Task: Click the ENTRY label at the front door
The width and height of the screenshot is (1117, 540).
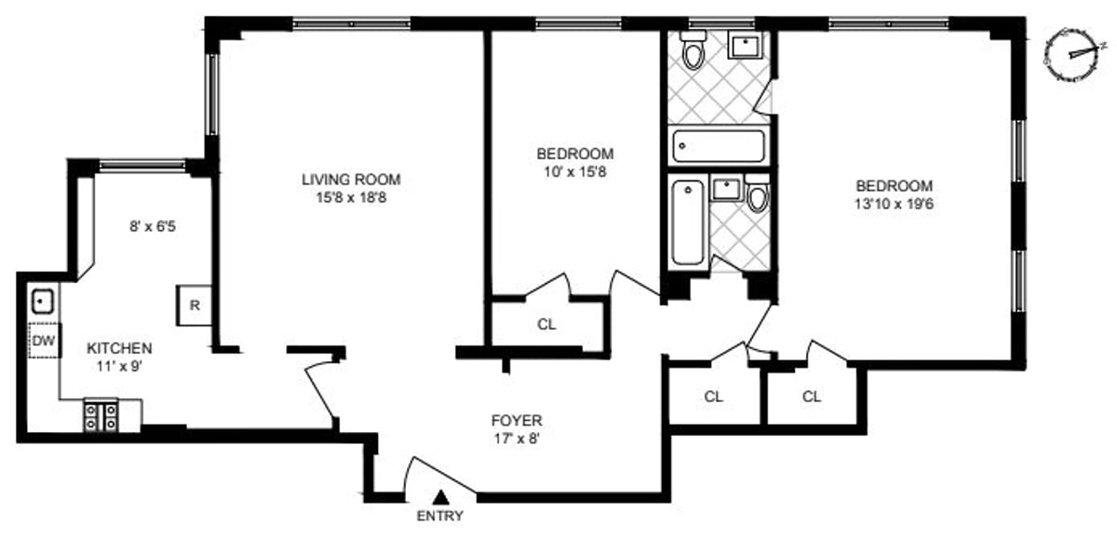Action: (439, 516)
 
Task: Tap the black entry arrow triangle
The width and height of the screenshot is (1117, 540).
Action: (439, 497)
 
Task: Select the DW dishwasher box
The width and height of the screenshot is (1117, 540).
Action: (44, 341)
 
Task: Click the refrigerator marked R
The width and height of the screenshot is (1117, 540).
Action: (195, 305)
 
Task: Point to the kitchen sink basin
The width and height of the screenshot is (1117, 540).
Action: (43, 301)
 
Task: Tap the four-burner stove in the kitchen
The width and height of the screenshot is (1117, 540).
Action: (101, 416)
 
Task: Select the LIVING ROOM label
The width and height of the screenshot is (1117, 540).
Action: (351, 180)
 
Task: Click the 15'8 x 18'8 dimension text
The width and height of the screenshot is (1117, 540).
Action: (351, 198)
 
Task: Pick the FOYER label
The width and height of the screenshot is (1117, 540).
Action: (517, 420)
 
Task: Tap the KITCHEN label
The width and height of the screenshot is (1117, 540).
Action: (120, 348)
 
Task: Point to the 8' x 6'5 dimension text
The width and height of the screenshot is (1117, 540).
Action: (153, 227)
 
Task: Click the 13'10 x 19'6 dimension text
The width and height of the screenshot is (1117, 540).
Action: (895, 205)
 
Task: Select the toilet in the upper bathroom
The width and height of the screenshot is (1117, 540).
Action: (693, 48)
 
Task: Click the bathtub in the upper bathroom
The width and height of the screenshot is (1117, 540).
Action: (719, 146)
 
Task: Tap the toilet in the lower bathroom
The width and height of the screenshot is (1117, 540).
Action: (758, 195)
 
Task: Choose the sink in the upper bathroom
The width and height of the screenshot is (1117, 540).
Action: (745, 45)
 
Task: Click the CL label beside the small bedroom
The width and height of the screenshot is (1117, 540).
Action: (546, 325)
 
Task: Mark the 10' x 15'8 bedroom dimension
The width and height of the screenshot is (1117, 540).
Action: (575, 172)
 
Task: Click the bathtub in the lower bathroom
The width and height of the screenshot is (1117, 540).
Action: (688, 223)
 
